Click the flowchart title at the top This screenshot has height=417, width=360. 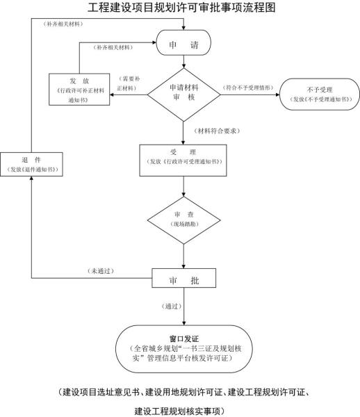pos(183,8)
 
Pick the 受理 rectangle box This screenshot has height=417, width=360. pos(183,156)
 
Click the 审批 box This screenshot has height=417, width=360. pos(183,280)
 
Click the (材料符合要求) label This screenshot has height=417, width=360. pos(217,131)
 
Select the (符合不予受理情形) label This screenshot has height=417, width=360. pos(248,89)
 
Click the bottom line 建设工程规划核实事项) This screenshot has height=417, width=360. pos(183,409)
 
